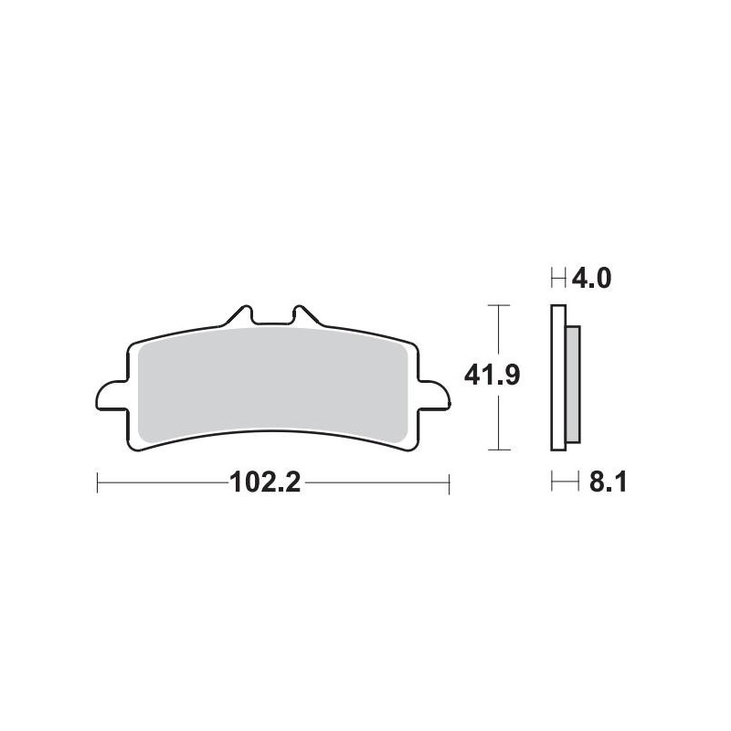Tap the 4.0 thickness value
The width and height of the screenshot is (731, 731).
pyautogui.click(x=590, y=277)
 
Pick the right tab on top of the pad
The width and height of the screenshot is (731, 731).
pyautogui.click(x=303, y=315)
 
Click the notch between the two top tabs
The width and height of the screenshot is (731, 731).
pyautogui.click(x=271, y=321)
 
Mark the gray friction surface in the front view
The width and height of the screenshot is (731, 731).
pyautogui.click(x=271, y=379)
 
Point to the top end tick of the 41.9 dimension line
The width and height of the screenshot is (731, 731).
pyautogui.click(x=496, y=305)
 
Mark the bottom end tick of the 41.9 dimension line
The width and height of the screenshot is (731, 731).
pyautogui.click(x=496, y=450)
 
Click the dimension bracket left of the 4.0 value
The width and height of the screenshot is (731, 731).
pyautogui.click(x=558, y=277)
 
